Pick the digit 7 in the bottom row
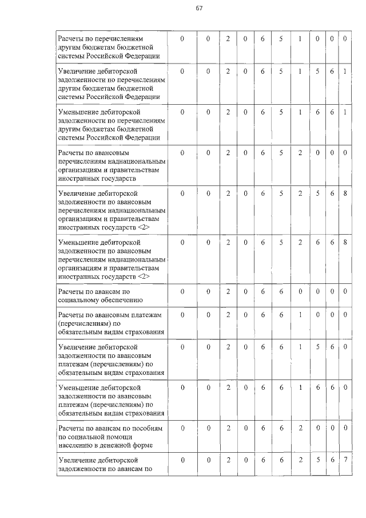[x=345, y=460]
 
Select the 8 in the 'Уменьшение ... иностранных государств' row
[x=345, y=243]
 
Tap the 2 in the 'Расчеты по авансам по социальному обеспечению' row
[x=228, y=291]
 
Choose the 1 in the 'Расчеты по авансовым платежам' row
[x=300, y=315]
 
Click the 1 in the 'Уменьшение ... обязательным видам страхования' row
[x=300, y=387]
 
